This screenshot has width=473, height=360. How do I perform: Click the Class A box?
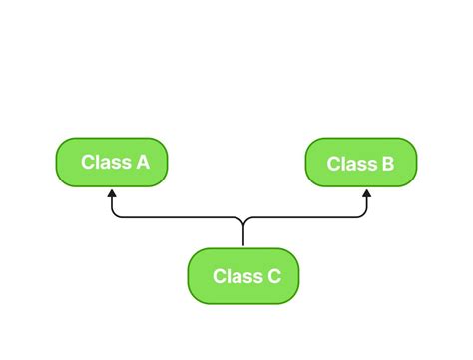[111, 162]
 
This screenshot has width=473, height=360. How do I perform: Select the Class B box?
[360, 163]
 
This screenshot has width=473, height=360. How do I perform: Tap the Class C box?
[243, 276]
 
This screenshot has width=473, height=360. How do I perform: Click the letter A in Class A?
[143, 162]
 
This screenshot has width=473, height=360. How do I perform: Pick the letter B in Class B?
[387, 164]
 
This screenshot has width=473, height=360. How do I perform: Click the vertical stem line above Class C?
[243, 235]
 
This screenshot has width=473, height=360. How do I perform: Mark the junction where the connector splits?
[243, 218]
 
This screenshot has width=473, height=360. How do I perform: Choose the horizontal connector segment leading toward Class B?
[304, 216]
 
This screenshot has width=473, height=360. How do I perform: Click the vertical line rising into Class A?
[112, 205]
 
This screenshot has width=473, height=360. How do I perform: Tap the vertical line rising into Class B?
[366, 205]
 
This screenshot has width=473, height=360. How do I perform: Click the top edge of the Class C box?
[243, 249]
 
